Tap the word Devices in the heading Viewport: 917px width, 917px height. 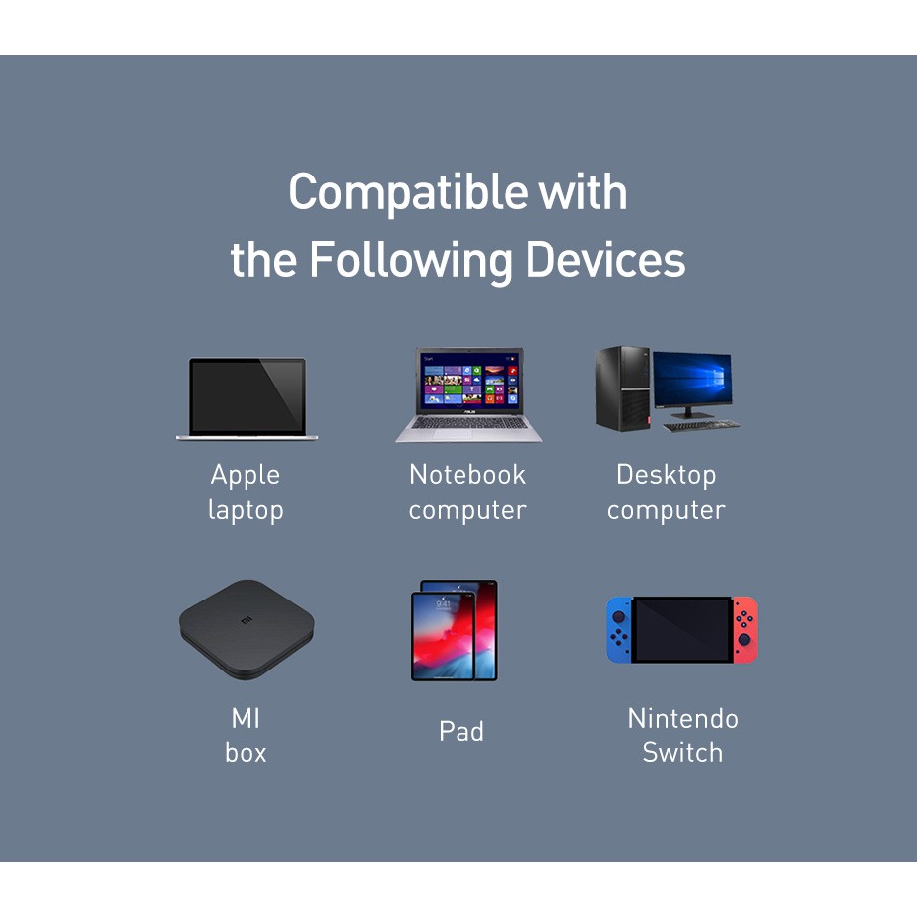[x=604, y=261]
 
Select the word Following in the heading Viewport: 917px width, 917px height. [x=411, y=261]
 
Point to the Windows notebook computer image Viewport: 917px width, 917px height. [x=469, y=394]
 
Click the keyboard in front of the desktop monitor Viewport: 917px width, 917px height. [x=700, y=425]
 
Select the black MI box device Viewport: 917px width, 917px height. [x=247, y=628]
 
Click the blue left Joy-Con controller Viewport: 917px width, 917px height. [x=619, y=629]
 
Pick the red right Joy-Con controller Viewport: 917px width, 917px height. [x=745, y=629]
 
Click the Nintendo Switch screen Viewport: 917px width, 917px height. [x=682, y=629]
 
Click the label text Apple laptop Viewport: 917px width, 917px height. [x=246, y=492]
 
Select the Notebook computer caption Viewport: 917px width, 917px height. [x=467, y=492]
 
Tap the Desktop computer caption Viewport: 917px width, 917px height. [x=666, y=492]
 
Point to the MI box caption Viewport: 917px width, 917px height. [x=246, y=735]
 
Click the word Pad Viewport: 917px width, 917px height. [x=461, y=732]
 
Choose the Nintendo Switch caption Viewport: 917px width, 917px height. [x=682, y=735]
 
